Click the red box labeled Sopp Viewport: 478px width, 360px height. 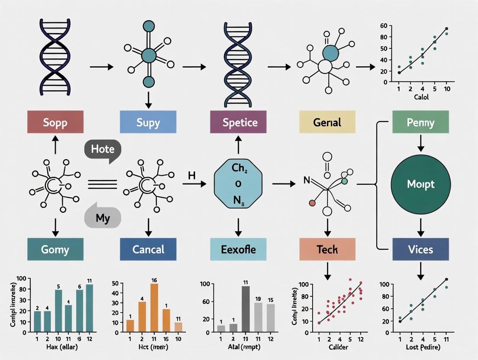coord(55,122)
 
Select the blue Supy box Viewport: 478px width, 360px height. coord(148,122)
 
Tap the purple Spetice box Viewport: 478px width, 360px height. coord(238,122)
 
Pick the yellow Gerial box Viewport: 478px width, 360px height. coord(327,122)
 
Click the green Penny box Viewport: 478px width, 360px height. coord(420,122)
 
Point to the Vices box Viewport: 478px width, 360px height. coord(420,249)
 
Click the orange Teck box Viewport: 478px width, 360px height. coord(327,249)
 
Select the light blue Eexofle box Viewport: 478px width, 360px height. coord(238,249)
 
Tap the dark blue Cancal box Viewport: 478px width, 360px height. coord(148,249)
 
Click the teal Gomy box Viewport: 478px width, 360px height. coord(55,249)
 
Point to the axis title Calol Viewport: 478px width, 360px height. coord(421,97)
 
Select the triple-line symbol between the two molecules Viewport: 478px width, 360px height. coord(102,184)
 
